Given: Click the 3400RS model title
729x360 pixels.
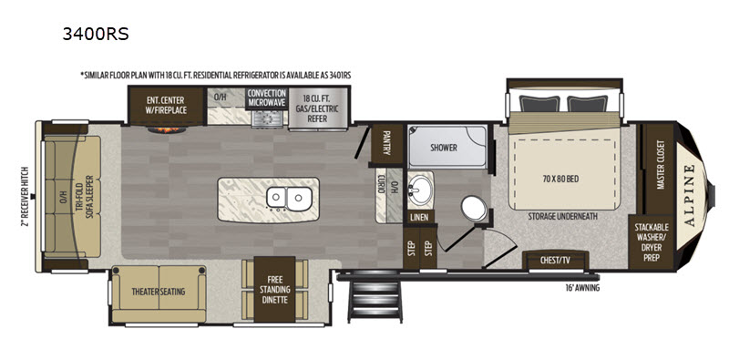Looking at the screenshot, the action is tap(96, 34).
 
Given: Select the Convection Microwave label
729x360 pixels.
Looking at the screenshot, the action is tap(266, 98).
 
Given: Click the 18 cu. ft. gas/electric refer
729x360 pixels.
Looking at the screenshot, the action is tap(317, 108).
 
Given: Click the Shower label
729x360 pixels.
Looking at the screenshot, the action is tap(443, 148).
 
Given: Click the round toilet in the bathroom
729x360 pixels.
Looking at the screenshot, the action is tap(474, 209).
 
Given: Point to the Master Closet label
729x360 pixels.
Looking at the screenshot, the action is tap(660, 165).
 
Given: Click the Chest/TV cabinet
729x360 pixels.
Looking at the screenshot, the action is tap(556, 260).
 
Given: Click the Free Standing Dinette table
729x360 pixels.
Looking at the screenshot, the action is tap(275, 289).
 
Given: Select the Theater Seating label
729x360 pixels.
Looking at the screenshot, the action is tap(158, 292).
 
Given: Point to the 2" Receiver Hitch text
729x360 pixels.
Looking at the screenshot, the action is tap(26, 197).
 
